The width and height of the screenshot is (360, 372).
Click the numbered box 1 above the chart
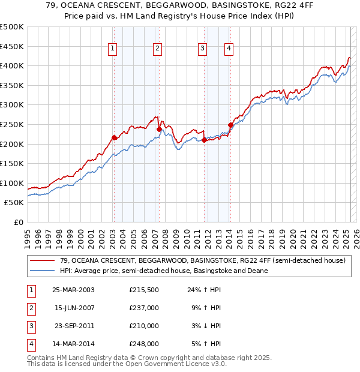113,49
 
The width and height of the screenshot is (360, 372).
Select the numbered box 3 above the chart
203,49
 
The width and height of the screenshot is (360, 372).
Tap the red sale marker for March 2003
114,137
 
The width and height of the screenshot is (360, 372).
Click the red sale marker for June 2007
159,129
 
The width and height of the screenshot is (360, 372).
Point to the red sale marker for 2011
204,140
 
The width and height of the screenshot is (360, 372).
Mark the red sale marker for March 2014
230,125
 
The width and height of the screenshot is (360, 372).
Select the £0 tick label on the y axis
19,222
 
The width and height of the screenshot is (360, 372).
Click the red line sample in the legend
43,260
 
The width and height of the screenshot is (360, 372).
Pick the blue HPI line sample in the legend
43,271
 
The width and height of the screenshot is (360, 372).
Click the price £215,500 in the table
143,290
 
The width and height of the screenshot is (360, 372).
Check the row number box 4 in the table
30,344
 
